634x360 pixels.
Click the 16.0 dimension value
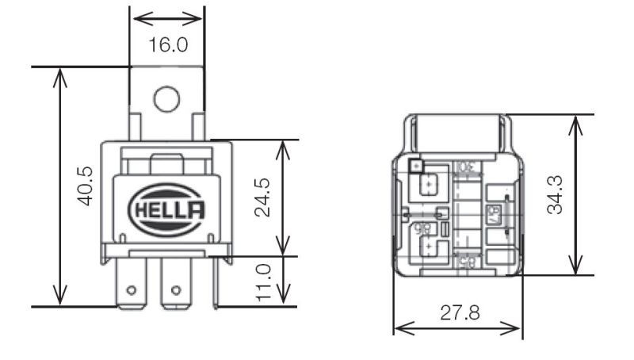pyautogui.click(x=168, y=44)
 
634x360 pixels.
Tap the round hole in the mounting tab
pyautogui.click(x=167, y=98)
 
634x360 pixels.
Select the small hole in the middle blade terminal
pyautogui.click(x=176, y=289)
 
